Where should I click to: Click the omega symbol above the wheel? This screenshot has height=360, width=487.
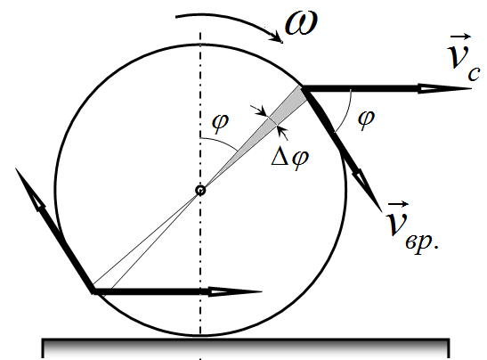point(301,24)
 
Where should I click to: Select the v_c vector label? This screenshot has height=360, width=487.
point(463,59)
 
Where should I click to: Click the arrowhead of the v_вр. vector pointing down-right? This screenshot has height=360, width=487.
point(368,191)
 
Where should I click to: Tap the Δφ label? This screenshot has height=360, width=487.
point(290,159)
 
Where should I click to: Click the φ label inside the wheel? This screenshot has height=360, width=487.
point(220,123)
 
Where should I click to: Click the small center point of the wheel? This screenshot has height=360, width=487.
point(200,191)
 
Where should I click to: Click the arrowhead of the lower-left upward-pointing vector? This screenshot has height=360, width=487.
point(29,189)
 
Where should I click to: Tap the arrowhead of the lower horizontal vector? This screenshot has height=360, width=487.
point(235,291)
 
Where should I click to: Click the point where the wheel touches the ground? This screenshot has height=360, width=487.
point(200,336)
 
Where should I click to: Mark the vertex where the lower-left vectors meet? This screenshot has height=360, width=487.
point(93,291)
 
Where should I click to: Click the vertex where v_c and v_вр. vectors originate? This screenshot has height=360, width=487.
point(303,89)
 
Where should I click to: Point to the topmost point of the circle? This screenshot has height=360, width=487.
point(200,45)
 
